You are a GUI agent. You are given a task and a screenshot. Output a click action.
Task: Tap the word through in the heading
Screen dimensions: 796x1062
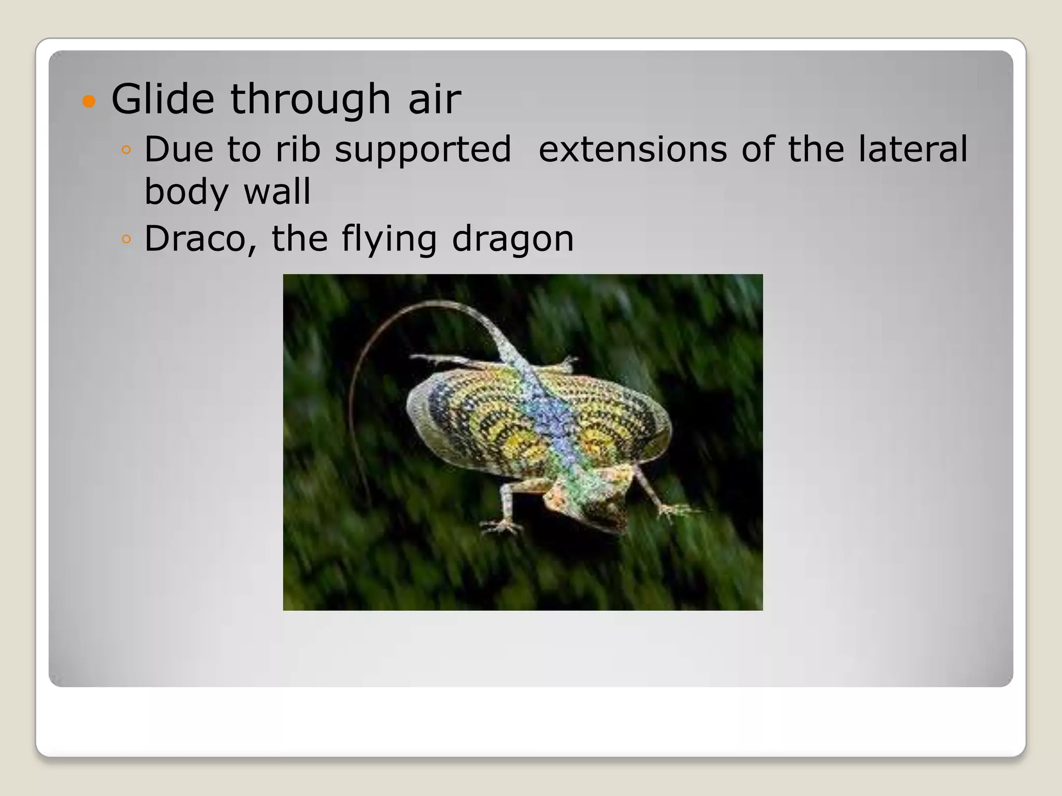310,99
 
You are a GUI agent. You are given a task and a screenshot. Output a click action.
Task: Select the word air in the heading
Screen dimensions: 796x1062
435,99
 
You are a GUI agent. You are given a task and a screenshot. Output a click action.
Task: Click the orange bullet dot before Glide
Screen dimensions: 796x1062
89,101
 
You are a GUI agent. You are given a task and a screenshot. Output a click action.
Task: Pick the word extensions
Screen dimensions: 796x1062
633,149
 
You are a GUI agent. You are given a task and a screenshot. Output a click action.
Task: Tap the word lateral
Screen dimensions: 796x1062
913,149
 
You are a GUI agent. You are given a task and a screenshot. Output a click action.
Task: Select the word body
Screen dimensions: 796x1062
186,192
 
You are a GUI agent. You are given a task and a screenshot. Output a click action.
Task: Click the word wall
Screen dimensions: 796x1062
277,192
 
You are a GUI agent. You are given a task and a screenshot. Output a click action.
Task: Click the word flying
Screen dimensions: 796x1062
388,239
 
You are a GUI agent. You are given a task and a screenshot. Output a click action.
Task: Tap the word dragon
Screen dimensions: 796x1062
512,239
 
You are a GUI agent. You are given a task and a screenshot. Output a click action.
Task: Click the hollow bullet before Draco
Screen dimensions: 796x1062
126,239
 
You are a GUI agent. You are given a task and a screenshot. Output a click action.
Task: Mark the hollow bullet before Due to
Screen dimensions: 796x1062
126,150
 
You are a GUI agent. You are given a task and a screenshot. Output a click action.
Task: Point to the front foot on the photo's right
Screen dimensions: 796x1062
674,510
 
